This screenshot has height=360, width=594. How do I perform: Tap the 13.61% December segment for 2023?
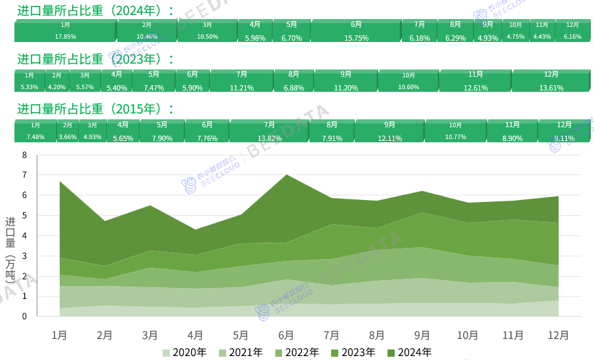(551, 81)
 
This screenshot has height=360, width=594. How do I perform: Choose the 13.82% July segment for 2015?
(269, 131)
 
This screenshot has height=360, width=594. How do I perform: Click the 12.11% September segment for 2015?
(389, 131)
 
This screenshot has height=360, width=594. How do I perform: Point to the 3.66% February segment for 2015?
(68, 131)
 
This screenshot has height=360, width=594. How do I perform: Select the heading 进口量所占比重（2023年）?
(95, 59)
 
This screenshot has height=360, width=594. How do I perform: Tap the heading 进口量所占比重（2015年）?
(95, 109)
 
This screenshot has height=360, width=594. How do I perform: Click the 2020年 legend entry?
(185, 352)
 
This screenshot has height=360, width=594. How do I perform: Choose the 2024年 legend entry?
(410, 352)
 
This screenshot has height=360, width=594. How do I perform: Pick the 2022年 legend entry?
(298, 352)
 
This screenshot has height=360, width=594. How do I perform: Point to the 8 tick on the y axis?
(25, 155)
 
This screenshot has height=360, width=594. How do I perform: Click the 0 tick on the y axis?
(25, 317)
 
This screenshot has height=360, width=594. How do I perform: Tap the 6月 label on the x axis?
(286, 334)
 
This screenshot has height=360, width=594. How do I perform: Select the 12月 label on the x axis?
(558, 334)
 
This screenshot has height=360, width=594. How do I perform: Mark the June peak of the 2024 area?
(286, 174)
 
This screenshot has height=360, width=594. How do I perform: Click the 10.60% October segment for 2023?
(408, 81)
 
